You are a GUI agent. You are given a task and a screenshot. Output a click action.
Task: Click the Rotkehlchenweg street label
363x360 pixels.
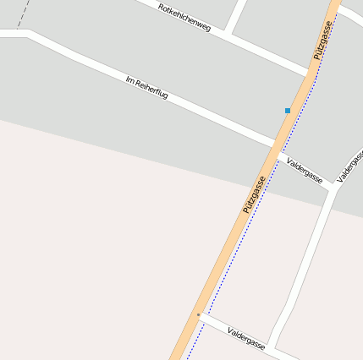184,17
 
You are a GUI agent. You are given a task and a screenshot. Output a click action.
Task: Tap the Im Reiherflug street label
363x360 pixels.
146,88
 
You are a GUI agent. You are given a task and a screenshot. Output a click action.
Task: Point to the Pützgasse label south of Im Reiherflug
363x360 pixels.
254,194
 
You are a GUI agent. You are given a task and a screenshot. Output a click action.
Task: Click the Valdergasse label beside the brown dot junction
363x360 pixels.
246,338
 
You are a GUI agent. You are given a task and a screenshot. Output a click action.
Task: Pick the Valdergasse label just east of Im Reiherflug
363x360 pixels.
305,170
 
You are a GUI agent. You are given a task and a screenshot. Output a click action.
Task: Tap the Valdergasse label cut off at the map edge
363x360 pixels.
350,167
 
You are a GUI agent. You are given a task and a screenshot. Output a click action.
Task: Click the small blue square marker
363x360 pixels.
288,111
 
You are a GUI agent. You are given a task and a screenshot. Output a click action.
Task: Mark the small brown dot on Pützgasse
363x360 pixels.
198,315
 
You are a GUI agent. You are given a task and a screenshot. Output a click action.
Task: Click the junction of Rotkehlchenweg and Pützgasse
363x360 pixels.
311,71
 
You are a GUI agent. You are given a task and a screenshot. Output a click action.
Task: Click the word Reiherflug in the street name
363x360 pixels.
152,90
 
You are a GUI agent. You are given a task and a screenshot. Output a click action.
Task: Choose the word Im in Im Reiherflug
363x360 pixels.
129,80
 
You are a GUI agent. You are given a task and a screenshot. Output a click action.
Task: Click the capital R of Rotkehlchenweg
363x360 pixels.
161,7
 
